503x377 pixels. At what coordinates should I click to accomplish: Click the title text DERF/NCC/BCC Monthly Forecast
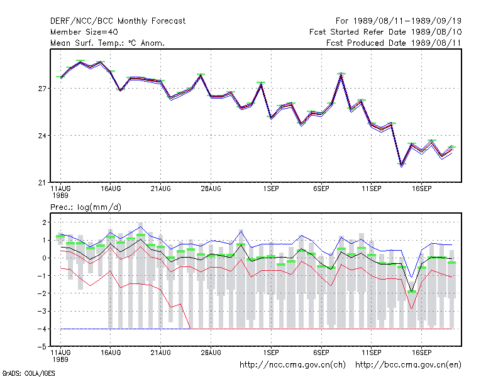(x=118, y=21)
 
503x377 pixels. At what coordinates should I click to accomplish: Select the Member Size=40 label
(x=84, y=32)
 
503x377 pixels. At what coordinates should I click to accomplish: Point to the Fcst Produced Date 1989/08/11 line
(x=394, y=43)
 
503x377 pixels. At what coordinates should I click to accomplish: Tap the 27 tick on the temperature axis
(x=42, y=89)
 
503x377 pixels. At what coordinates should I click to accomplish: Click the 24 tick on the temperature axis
(x=42, y=136)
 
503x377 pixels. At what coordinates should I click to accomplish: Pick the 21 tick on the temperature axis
(x=42, y=183)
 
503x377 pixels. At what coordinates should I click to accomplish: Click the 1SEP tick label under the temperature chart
(x=271, y=188)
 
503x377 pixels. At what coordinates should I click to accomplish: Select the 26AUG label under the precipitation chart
(x=211, y=352)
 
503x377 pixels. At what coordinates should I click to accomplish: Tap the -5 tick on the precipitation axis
(x=42, y=347)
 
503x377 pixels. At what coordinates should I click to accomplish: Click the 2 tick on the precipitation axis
(x=44, y=222)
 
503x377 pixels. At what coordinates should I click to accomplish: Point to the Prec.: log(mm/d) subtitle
(x=86, y=207)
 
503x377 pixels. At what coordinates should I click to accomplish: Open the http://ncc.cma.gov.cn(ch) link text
(x=292, y=365)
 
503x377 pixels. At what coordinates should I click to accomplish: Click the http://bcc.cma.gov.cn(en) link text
(x=408, y=365)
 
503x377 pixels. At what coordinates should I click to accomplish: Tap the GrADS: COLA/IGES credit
(x=28, y=373)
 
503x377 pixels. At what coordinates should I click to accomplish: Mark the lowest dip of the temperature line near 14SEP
(x=401, y=165)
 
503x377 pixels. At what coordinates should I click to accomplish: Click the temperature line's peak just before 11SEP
(x=341, y=74)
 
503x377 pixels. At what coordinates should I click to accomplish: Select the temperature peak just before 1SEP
(x=261, y=84)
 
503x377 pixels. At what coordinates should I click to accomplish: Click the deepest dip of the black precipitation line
(x=411, y=291)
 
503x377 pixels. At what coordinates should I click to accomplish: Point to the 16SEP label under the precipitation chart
(x=421, y=352)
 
